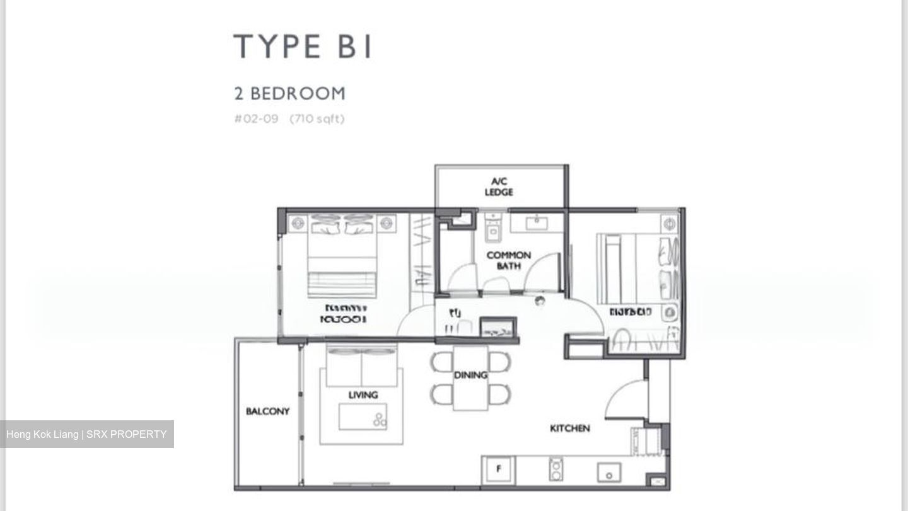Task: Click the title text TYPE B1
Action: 303,47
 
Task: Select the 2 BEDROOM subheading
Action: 289,94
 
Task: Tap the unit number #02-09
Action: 256,118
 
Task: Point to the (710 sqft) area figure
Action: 317,118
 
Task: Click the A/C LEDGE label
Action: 499,187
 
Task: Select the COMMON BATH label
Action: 508,260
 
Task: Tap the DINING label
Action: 470,375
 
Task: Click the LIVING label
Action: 363,394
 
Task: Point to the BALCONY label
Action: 267,411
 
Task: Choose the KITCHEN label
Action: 570,428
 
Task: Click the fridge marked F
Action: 499,469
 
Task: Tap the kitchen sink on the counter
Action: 608,471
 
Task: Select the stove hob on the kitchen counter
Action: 556,469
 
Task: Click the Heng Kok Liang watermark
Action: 86,434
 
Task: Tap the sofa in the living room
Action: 361,367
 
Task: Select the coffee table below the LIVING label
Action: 363,417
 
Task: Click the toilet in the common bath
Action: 492,229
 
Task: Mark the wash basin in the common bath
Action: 537,222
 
